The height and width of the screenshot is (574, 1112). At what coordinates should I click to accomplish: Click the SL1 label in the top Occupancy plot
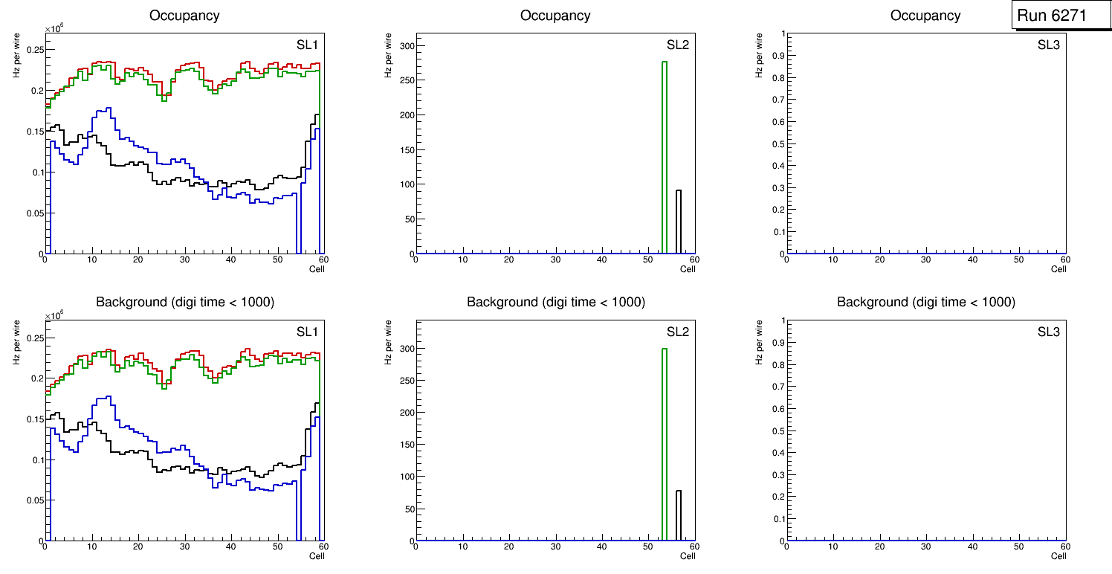[307, 45]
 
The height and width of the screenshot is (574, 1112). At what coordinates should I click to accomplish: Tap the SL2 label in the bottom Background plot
[677, 332]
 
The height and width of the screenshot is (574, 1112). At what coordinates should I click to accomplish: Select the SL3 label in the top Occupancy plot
[1048, 45]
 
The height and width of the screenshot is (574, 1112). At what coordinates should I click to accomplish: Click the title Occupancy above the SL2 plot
[555, 15]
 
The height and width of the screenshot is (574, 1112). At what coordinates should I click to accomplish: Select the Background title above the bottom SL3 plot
[925, 302]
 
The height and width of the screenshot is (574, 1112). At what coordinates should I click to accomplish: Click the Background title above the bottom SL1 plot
[185, 302]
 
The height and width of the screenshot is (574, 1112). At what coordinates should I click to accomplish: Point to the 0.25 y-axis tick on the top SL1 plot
[35, 51]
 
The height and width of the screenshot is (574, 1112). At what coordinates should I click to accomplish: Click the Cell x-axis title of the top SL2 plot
[688, 268]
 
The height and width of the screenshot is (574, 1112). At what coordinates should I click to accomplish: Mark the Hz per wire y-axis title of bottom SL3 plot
[759, 342]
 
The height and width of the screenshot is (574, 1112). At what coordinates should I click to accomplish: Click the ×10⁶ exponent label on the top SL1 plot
[54, 29]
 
